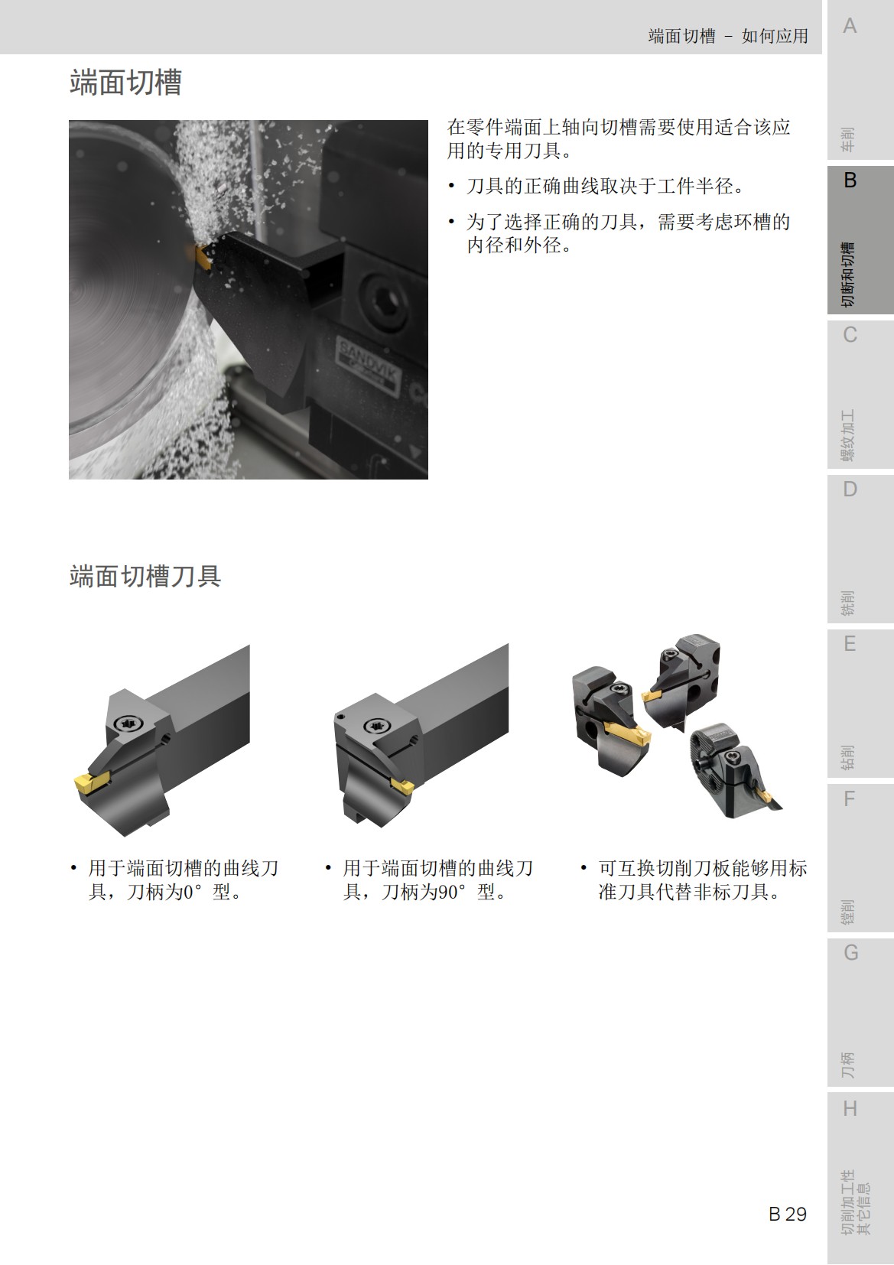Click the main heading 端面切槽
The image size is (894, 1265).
(x=125, y=83)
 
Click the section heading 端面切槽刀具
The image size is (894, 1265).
(x=145, y=576)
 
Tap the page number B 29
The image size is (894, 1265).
(x=787, y=1214)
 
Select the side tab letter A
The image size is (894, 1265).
(x=850, y=27)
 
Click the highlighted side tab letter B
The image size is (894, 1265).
(x=850, y=181)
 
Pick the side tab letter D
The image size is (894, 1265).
(x=850, y=489)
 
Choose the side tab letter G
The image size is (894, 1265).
(x=850, y=953)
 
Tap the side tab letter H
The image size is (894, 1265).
(x=850, y=1108)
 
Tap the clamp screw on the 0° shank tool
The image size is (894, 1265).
(x=128, y=724)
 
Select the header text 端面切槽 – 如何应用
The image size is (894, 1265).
(x=728, y=36)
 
